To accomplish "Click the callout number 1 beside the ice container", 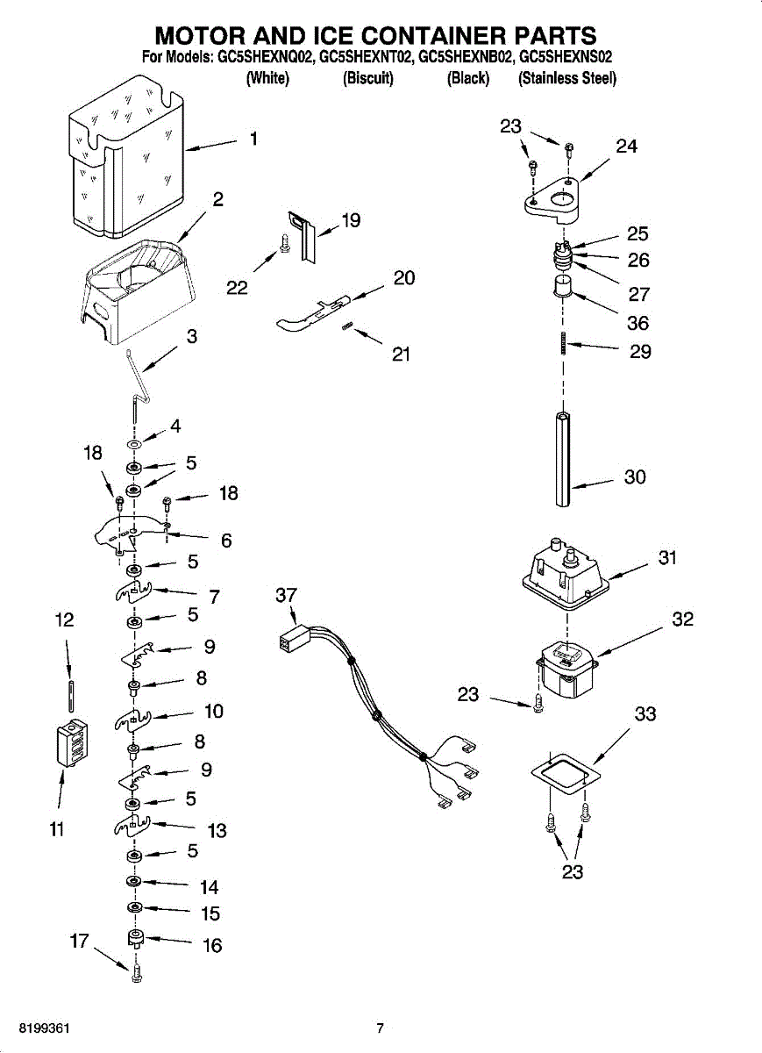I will [253, 139].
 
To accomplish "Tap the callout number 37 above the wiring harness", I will [287, 596].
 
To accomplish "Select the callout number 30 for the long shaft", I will [635, 476].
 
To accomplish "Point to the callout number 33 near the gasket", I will [645, 714].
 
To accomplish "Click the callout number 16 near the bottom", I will [212, 945].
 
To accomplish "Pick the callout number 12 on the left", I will [64, 620].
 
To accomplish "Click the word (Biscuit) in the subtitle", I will [368, 78].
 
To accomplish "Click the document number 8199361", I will [37, 1028].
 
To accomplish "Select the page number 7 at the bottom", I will [380, 1028].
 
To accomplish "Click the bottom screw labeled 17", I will [136, 974].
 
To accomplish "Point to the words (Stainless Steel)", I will [567, 78].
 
